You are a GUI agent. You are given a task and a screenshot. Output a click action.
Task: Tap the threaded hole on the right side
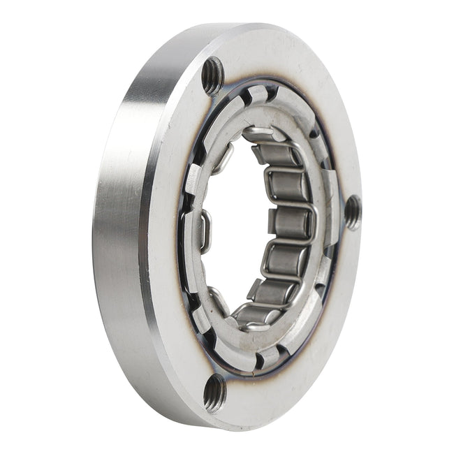click(353, 212)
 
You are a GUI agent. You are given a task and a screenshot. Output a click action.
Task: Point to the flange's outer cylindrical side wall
click(119, 230)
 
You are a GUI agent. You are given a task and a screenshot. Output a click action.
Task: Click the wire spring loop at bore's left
click(203, 230)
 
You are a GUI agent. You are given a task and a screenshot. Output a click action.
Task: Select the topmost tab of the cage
click(257, 94)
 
